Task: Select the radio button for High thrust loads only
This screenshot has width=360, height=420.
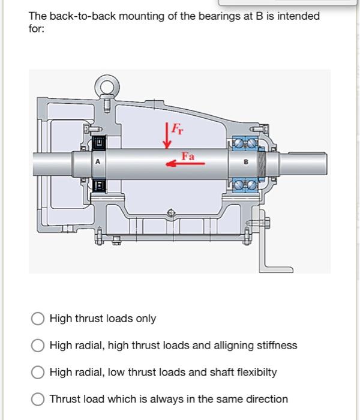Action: (38, 319)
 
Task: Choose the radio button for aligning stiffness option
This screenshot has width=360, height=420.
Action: (38, 345)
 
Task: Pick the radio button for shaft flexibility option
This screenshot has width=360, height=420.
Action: (38, 373)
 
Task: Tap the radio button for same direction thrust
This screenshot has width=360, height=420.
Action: (38, 399)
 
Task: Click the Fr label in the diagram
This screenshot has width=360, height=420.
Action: (178, 129)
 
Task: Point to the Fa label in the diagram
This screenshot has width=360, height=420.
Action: (188, 156)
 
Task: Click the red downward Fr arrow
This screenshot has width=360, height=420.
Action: (167, 136)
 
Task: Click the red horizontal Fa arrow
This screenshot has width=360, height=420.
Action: (185, 163)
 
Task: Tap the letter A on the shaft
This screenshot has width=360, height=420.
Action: (97, 161)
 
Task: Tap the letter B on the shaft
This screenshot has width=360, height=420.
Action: (246, 162)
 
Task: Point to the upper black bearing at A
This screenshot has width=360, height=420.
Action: (99, 142)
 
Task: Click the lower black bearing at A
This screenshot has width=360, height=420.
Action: (99, 185)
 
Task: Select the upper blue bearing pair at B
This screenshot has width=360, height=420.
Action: (245, 143)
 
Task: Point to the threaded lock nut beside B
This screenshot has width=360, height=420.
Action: (261, 164)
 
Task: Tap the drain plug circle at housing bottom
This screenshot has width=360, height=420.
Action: (171, 213)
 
